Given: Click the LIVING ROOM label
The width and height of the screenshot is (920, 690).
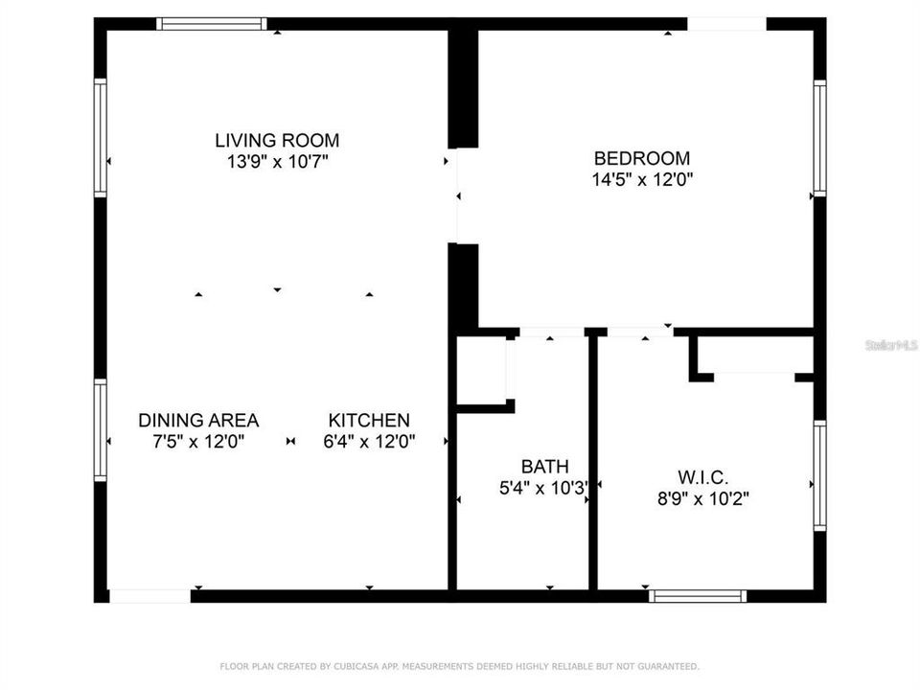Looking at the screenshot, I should pyautogui.click(x=277, y=140).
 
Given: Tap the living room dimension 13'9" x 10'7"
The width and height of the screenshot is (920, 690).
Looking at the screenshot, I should pyautogui.click(x=277, y=162).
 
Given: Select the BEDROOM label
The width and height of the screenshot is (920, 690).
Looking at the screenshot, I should pyautogui.click(x=642, y=158).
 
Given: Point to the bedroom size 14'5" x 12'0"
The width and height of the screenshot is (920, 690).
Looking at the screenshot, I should pyautogui.click(x=642, y=179).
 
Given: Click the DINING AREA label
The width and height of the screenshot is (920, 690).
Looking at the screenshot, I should pyautogui.click(x=198, y=420).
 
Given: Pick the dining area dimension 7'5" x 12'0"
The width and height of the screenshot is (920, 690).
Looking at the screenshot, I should pyautogui.click(x=198, y=442).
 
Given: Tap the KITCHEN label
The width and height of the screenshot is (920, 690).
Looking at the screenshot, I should pyautogui.click(x=369, y=420).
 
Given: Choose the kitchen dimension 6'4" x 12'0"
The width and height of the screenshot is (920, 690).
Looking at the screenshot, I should pyautogui.click(x=369, y=442).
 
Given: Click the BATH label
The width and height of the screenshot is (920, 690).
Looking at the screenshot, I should pyautogui.click(x=544, y=467).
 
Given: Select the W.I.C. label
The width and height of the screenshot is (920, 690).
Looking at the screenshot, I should pyautogui.click(x=703, y=476).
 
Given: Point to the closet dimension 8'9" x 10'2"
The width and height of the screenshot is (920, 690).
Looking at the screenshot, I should pyautogui.click(x=703, y=498).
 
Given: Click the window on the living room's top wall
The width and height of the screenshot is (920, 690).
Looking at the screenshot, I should pyautogui.click(x=212, y=24).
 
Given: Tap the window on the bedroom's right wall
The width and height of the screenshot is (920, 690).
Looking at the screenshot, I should pyautogui.click(x=819, y=138).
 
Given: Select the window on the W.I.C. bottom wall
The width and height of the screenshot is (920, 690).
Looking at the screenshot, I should pyautogui.click(x=698, y=596).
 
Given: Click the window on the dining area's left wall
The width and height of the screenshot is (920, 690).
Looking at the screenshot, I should pyautogui.click(x=100, y=430).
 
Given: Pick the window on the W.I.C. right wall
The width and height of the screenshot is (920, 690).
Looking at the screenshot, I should pyautogui.click(x=819, y=475).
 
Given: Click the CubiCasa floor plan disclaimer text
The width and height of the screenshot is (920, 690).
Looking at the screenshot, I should pyautogui.click(x=460, y=665).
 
